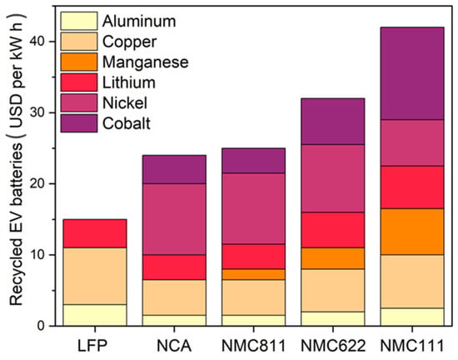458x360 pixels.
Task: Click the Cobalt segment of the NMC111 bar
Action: click(x=412, y=73)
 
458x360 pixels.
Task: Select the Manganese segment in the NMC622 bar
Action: click(x=333, y=258)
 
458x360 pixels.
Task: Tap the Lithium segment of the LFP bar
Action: click(x=95, y=233)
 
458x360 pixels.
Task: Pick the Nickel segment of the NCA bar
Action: click(x=174, y=219)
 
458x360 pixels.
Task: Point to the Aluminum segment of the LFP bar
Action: click(x=95, y=315)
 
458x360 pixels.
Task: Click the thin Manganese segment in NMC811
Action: click(x=253, y=274)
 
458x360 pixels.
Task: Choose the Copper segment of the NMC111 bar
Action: click(x=412, y=282)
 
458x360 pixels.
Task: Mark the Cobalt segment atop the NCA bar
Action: click(x=174, y=169)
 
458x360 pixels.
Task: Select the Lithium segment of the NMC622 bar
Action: click(x=333, y=230)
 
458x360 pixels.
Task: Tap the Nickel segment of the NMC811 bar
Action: click(x=253, y=208)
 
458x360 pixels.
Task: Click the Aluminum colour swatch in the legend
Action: click(x=79, y=21)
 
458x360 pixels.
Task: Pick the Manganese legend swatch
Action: click(x=79, y=62)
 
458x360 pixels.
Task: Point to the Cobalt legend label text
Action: click(x=127, y=123)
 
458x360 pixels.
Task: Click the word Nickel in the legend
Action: click(x=125, y=102)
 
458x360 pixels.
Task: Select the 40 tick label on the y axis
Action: click(x=38, y=42)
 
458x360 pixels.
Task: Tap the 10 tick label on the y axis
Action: click(x=38, y=255)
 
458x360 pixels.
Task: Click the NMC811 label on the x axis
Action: click(x=253, y=347)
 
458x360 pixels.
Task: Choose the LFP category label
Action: click(x=92, y=347)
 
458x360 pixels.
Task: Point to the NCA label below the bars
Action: click(x=174, y=347)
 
